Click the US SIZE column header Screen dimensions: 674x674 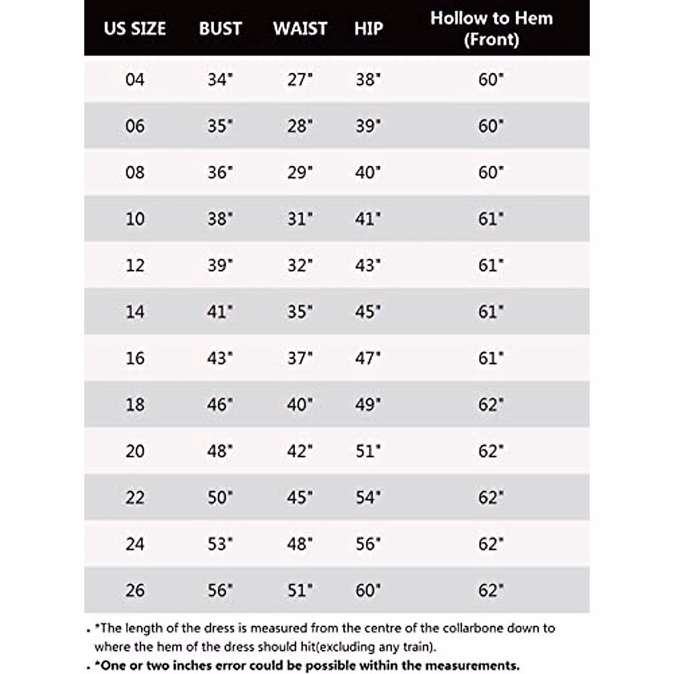pos(135,29)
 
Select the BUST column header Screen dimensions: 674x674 pos(220,29)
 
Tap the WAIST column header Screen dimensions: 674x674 pos(300,29)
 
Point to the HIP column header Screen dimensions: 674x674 pos(368,29)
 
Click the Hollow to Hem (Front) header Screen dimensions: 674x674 pos(491,29)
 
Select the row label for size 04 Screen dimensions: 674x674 pos(135,80)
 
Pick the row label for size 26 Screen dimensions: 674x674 pos(135,590)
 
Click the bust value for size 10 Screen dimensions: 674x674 pos(220,219)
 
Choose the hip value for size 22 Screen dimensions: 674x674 pos(368,498)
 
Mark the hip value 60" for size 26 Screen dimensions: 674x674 pos(368,590)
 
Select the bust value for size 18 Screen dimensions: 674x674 pos(220,405)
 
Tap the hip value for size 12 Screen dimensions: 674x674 pos(368,266)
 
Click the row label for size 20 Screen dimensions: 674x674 pos(135,451)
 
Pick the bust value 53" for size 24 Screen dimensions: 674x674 pos(220,544)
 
